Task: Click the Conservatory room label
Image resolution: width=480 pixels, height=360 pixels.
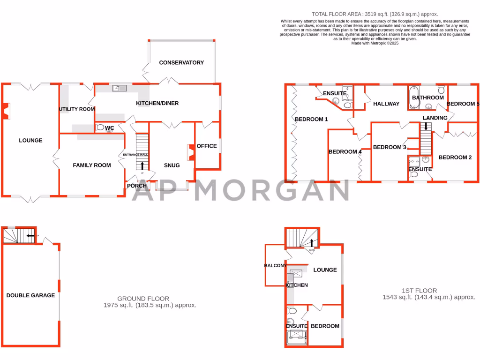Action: [x=181, y=62]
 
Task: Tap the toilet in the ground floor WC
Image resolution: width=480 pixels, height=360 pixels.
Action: [x=100, y=127]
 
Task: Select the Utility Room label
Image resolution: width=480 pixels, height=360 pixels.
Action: [x=76, y=109]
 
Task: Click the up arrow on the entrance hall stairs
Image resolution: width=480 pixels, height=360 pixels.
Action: [x=142, y=165]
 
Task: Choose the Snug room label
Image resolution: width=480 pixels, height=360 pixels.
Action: [x=172, y=165]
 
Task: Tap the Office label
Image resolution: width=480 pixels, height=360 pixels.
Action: [x=207, y=146]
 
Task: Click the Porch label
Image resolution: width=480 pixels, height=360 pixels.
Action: [x=137, y=186]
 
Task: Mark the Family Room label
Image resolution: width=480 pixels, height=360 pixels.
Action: [x=92, y=165]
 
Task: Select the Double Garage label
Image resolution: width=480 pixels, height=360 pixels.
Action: [x=30, y=295]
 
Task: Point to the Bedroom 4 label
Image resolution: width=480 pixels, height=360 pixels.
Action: [x=345, y=151]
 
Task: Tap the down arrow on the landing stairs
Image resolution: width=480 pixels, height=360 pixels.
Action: [x=426, y=127]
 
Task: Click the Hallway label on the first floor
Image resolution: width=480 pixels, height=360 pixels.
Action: [x=386, y=104]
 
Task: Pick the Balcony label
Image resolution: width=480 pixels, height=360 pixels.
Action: [x=275, y=266]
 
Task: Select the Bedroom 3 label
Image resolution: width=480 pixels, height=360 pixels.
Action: [x=390, y=147]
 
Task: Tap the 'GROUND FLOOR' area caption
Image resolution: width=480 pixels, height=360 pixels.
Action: [x=143, y=299]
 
